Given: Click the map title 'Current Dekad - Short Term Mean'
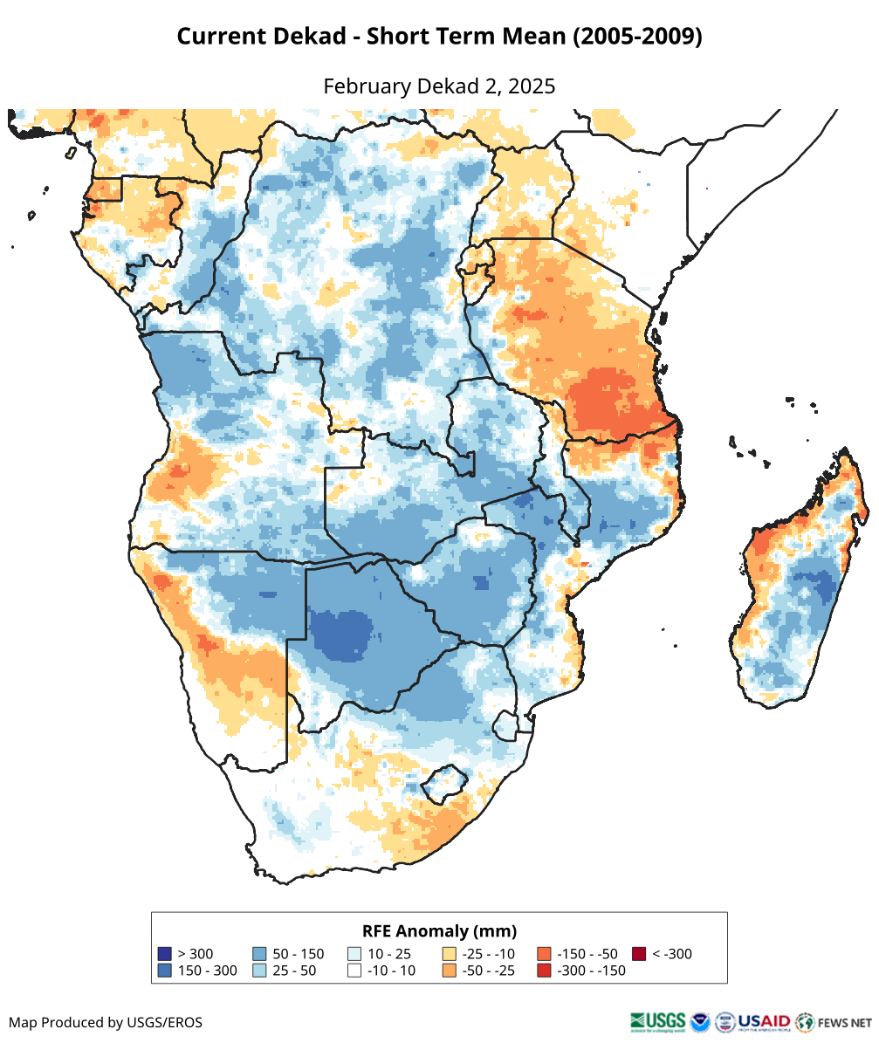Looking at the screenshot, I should coord(439,37).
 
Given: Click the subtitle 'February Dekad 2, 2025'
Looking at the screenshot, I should coord(439,86).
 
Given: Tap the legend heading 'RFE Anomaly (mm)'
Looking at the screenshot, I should coord(439,930).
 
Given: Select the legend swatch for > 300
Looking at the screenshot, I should coord(164,954).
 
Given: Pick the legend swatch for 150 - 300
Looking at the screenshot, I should coord(164,971).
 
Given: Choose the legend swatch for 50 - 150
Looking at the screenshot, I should coord(259,954).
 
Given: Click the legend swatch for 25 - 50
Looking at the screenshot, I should coord(259,971).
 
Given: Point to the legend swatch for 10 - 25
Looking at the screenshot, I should coord(354,954).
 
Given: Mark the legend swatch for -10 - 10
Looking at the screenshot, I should coord(354,971).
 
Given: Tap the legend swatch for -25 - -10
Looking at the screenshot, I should coord(450,954).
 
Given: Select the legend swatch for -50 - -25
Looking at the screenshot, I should coord(450,971).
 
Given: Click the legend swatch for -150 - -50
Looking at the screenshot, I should coord(544,954).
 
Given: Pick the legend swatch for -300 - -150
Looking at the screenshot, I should coord(544,971).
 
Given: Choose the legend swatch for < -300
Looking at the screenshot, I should coord(639,954).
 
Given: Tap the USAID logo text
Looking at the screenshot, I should coord(764,1021).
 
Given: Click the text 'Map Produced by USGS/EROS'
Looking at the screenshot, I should coord(106,1022).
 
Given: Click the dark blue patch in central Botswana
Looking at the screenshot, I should coord(342,632).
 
